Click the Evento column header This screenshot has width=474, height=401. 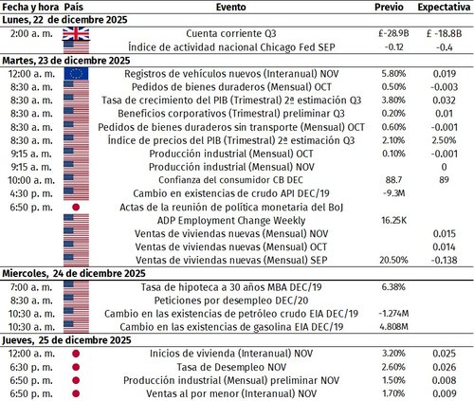pos(230,6)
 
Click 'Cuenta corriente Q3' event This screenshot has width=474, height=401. pos(230,32)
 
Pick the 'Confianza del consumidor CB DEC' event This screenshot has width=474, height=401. pos(230,178)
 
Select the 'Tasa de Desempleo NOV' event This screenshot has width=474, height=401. pos(230,365)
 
